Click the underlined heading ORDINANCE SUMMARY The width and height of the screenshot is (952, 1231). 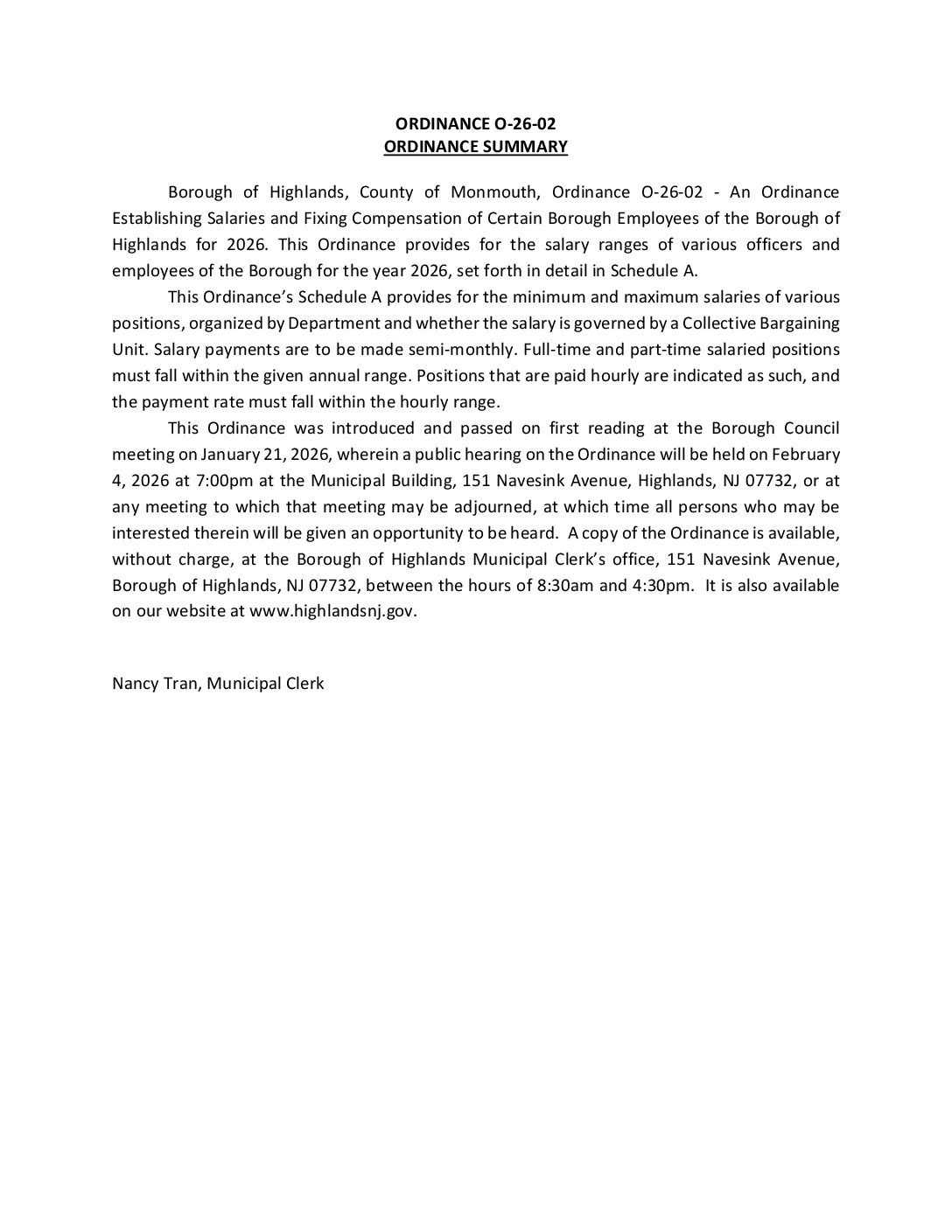[x=475, y=147]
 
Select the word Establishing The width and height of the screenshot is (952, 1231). [x=153, y=219]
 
